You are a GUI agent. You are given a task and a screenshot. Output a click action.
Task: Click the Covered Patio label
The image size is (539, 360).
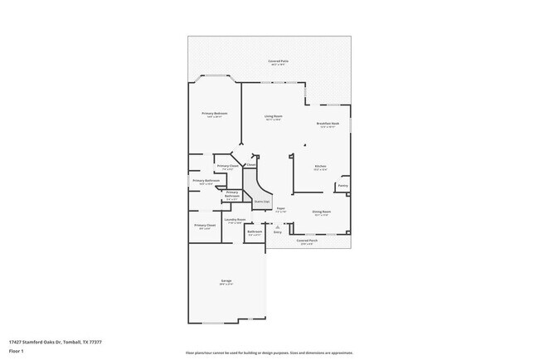(278, 61)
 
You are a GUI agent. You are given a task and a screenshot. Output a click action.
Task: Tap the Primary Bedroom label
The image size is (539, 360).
(216, 113)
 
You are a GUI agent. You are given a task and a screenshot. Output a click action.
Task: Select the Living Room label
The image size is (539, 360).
(273, 116)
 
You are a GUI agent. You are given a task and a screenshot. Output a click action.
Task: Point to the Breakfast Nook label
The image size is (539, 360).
(328, 124)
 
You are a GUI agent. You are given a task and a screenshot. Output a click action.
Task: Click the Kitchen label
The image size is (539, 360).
(319, 166)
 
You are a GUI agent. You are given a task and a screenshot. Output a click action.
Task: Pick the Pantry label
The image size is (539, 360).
(342, 185)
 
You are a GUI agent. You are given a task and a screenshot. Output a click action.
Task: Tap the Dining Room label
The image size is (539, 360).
(322, 211)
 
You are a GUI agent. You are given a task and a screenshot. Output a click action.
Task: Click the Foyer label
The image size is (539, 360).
(280, 208)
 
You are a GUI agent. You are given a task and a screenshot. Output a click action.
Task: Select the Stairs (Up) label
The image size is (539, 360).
(260, 201)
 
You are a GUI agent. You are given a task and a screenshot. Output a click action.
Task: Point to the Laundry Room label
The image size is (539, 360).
(234, 219)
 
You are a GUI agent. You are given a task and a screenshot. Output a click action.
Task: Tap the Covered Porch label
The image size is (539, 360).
(307, 241)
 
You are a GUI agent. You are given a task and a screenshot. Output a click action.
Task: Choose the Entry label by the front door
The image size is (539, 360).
(278, 232)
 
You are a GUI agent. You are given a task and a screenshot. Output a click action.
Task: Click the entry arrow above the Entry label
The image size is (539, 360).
(278, 226)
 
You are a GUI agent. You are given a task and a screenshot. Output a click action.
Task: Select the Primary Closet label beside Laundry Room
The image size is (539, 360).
(205, 225)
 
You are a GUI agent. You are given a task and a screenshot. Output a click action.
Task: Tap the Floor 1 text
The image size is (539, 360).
(17, 351)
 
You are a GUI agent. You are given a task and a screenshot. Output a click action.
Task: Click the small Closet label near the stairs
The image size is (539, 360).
(250, 164)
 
